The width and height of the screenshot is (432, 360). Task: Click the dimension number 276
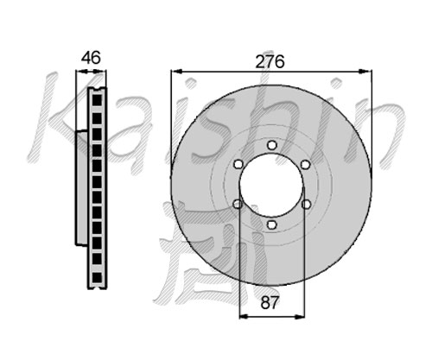point(270,61)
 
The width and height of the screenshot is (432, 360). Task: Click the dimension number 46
point(91,58)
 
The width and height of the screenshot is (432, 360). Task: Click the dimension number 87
point(270,303)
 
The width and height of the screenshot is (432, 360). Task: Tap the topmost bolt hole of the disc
point(271,145)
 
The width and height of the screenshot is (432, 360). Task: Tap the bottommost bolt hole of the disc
point(271,224)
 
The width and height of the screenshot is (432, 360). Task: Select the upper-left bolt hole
point(238,164)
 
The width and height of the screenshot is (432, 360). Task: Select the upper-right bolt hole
point(305,164)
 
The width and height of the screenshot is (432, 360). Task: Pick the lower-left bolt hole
point(238,205)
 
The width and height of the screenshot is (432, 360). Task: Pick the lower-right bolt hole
point(306,205)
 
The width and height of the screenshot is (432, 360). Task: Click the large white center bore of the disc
point(271,185)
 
